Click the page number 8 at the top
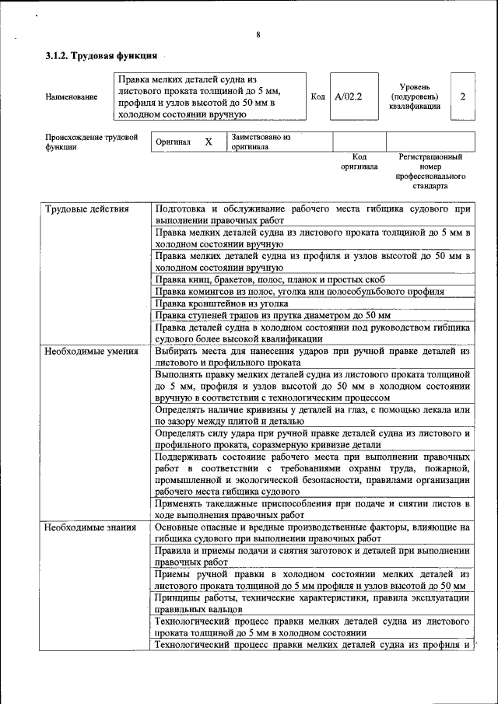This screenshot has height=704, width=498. [258, 34]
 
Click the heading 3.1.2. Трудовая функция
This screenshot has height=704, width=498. [101, 56]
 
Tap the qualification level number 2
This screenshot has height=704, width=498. [462, 96]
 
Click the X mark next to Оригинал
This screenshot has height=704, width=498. [208, 142]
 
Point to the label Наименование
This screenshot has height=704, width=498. [72, 96]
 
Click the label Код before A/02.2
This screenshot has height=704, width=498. [317, 96]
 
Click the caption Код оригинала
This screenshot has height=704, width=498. [359, 161]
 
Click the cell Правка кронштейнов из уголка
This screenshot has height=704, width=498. [222, 303]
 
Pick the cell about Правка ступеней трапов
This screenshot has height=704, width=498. [272, 315]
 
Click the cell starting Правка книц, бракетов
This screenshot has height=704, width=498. [269, 279]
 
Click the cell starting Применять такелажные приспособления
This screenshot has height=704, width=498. [312, 509]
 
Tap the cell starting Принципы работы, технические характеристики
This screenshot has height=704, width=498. [312, 603]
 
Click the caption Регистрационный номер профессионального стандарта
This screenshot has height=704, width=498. [430, 171]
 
